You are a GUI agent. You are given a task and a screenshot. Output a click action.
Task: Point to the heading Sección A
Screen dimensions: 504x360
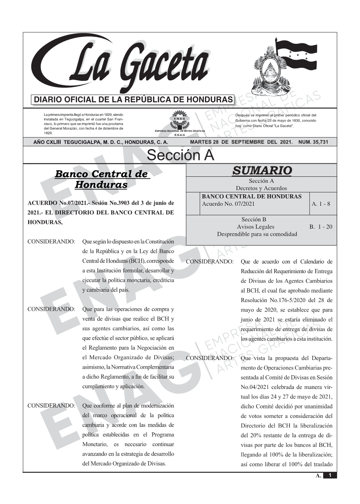(180, 155)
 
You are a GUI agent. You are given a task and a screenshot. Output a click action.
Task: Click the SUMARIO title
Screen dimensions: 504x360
(262, 170)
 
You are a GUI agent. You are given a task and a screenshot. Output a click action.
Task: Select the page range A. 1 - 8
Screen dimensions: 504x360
(321, 204)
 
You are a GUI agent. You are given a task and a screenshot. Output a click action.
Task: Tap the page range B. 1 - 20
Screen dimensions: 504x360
(321, 227)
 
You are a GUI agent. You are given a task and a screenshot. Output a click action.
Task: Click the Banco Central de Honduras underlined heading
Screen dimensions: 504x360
(101, 179)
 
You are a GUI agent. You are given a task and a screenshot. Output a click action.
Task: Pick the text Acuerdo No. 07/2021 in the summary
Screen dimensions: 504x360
(228, 204)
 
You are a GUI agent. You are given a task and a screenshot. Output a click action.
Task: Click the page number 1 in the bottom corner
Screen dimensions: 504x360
(330, 475)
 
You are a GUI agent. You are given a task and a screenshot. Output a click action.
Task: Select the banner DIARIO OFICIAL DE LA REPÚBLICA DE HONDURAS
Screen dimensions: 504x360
(133, 100)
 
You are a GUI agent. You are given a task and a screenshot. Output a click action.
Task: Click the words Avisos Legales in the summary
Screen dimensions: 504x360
(261, 227)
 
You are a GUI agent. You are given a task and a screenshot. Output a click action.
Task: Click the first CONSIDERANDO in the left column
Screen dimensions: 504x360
(51, 242)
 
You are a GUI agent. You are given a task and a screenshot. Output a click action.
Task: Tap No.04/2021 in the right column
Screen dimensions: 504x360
(256, 387)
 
